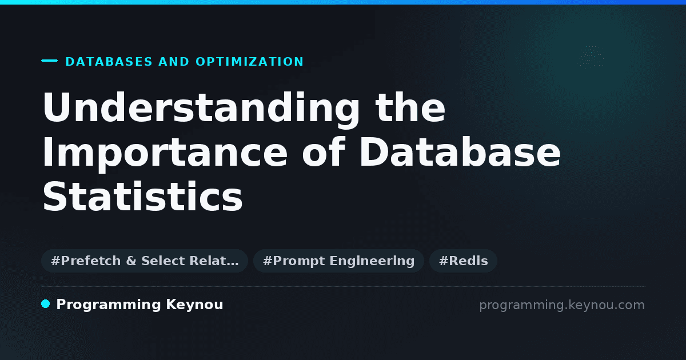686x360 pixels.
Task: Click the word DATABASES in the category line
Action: pos(109,62)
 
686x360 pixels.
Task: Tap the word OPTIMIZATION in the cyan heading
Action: pos(250,62)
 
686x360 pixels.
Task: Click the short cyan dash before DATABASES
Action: pos(49,61)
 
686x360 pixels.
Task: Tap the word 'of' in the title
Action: pos(324,152)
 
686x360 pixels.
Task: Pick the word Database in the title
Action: pos(460,152)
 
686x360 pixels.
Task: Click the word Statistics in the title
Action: pos(143,196)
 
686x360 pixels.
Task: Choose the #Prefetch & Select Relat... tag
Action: pos(145,261)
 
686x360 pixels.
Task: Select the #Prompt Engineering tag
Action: pos(338,261)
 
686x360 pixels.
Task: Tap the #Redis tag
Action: pos(464,261)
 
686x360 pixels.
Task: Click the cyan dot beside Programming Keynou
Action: pos(46,304)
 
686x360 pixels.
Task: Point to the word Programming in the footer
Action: pos(109,305)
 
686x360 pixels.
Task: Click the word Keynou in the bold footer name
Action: pos(194,305)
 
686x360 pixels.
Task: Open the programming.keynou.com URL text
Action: pos(562,305)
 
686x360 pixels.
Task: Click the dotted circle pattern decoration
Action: pos(591,57)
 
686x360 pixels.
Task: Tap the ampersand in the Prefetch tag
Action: pos(131,261)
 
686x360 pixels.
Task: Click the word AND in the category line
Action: pos(174,62)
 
